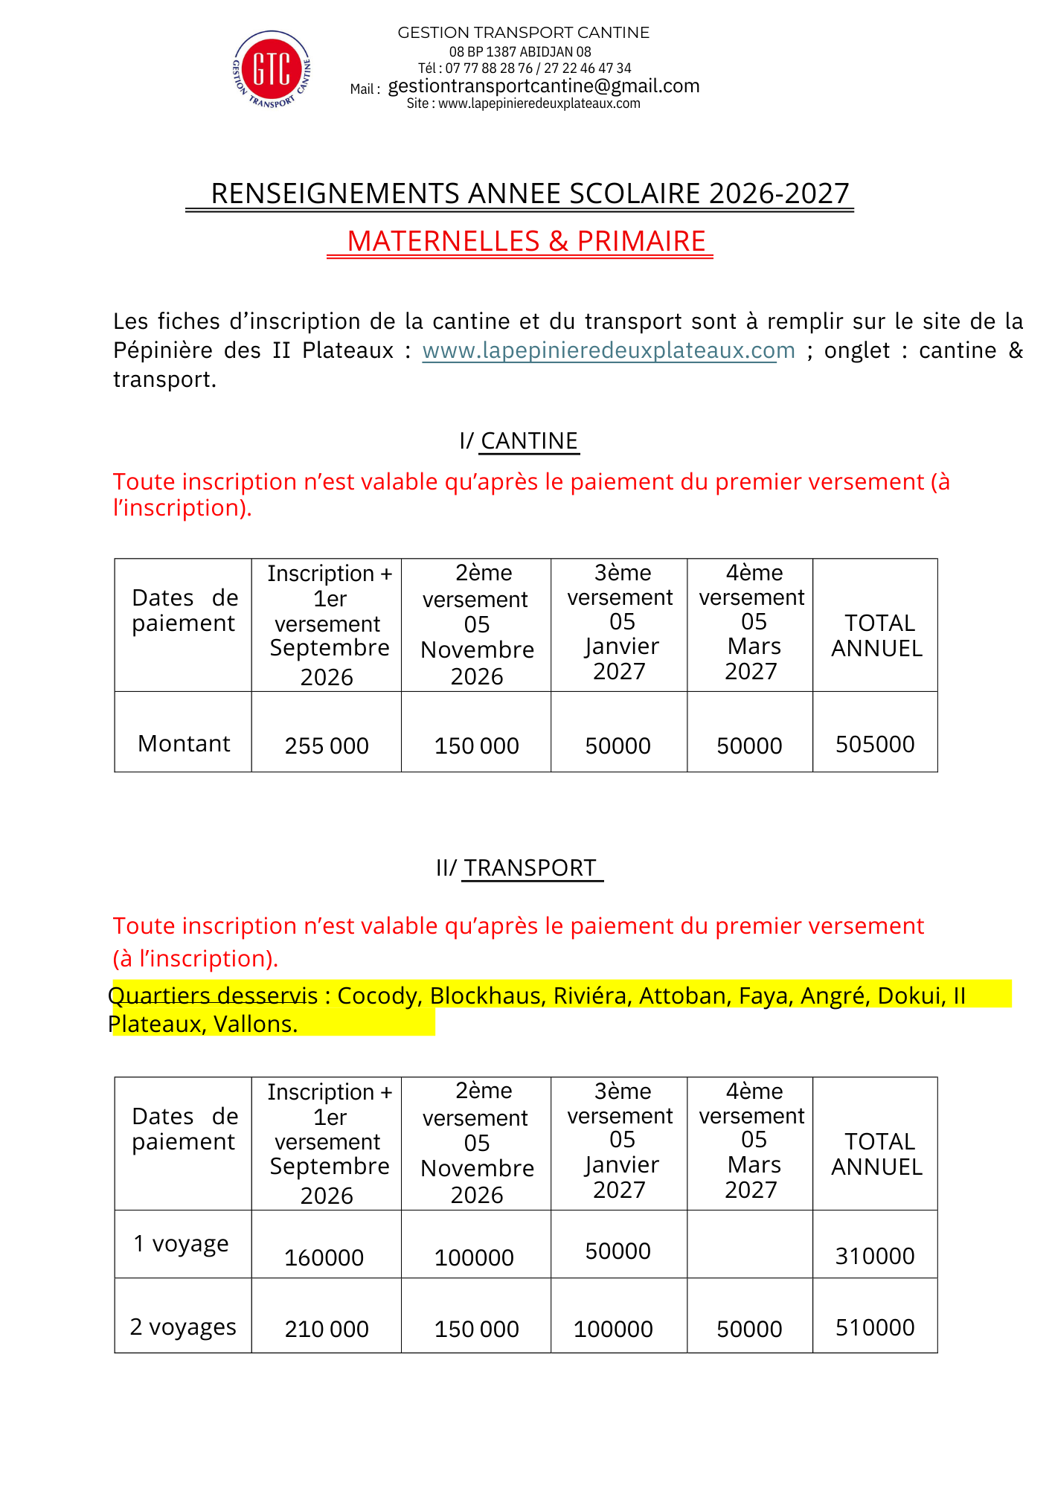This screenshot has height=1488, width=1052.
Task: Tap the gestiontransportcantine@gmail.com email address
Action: [543, 86]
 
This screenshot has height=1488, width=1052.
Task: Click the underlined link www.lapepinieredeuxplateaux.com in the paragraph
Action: [608, 350]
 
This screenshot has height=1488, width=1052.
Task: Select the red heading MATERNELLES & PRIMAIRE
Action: [526, 242]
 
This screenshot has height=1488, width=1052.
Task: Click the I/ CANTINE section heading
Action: [519, 441]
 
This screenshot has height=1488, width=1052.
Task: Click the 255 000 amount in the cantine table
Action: [327, 745]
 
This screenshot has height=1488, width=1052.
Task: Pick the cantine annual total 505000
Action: [875, 744]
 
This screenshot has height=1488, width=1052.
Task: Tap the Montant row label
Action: [184, 744]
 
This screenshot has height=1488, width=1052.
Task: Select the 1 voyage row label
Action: [181, 1244]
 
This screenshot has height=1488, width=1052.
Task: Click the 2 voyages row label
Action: [183, 1327]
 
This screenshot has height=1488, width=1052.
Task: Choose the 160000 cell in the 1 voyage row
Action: [324, 1257]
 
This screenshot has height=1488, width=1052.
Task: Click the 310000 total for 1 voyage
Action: [875, 1256]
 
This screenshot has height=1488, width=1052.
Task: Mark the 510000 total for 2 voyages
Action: [875, 1327]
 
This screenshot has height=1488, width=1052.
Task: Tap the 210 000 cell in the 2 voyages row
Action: [327, 1329]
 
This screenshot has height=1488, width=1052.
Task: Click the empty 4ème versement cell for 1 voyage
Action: [750, 1244]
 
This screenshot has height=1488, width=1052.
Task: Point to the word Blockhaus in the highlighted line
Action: [485, 995]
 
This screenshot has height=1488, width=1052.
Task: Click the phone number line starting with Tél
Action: [524, 68]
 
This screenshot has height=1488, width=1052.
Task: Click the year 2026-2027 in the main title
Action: [778, 193]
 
